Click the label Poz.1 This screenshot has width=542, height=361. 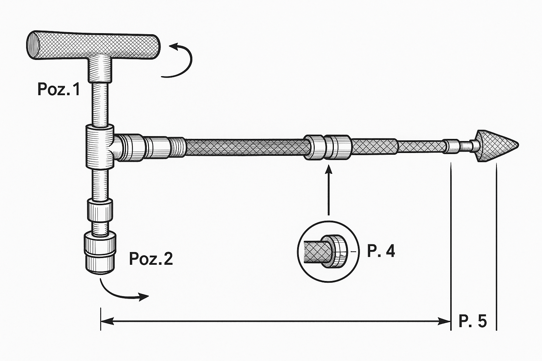click(x=59, y=89)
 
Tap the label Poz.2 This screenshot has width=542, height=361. click(x=151, y=259)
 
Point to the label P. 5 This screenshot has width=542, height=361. click(x=472, y=321)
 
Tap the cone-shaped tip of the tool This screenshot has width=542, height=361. click(x=497, y=146)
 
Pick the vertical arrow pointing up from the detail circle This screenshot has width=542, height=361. click(x=329, y=190)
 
